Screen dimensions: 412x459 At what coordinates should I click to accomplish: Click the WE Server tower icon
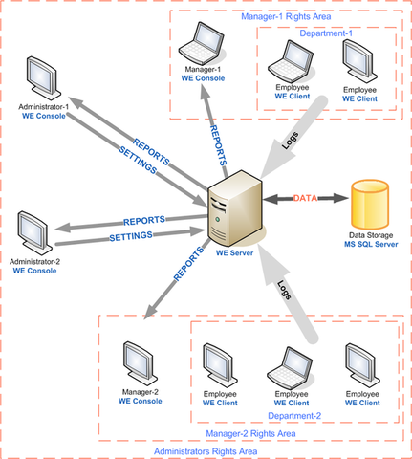235,208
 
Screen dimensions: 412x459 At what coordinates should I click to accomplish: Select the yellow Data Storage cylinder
370,205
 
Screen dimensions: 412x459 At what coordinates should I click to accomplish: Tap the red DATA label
305,198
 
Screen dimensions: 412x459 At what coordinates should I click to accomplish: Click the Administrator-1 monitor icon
43,78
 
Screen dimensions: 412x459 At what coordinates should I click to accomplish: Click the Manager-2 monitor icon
141,364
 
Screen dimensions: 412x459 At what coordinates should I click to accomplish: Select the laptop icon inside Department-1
291,61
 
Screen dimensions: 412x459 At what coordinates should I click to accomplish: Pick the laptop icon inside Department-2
290,369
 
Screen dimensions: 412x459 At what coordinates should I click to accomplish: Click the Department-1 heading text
326,33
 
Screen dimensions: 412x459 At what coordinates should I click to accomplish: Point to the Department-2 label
294,416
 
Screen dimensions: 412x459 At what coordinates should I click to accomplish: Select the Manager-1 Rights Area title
286,16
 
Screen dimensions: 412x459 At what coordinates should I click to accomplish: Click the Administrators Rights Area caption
206,451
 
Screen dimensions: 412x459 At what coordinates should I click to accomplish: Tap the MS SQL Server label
371,244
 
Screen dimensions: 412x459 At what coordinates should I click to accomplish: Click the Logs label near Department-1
291,141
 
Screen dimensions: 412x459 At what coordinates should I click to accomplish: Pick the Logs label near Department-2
284,290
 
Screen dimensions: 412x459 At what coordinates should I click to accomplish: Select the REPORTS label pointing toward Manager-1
218,145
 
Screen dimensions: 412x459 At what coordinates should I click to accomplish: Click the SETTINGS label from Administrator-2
131,236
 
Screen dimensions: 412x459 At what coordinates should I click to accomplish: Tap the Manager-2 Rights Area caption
250,433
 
